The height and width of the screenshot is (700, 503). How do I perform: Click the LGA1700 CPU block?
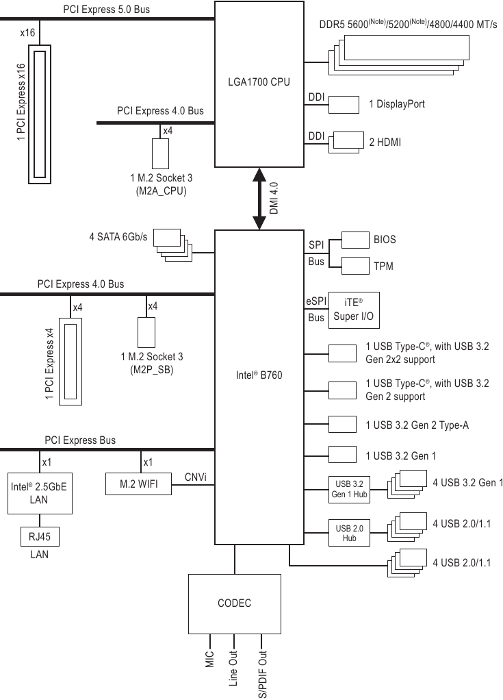coord(259,83)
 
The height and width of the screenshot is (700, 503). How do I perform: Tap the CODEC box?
coord(234,603)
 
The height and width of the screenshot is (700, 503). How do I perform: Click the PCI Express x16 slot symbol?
coord(40,115)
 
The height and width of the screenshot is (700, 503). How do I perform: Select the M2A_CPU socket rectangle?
coord(161,153)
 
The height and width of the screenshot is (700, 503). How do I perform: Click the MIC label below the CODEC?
coord(210,661)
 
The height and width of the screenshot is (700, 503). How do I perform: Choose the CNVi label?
coord(196,477)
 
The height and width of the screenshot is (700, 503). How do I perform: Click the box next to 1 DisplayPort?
coord(344,104)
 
